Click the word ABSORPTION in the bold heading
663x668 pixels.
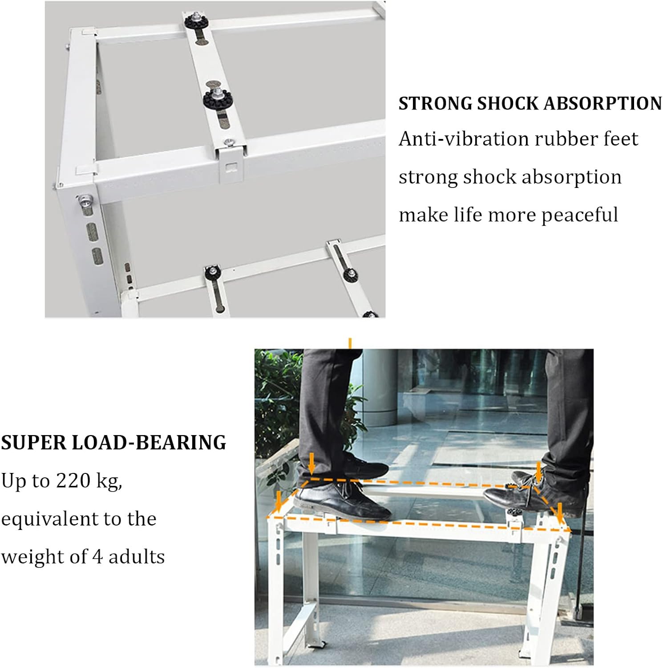[603, 103]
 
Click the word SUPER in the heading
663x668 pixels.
[33, 443]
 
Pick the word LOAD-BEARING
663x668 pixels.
[149, 443]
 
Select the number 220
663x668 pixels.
[73, 481]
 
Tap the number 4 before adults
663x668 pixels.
[97, 557]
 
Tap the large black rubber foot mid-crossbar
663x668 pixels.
[217, 98]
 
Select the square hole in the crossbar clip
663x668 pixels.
[231, 167]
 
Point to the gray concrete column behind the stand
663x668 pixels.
[385, 387]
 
